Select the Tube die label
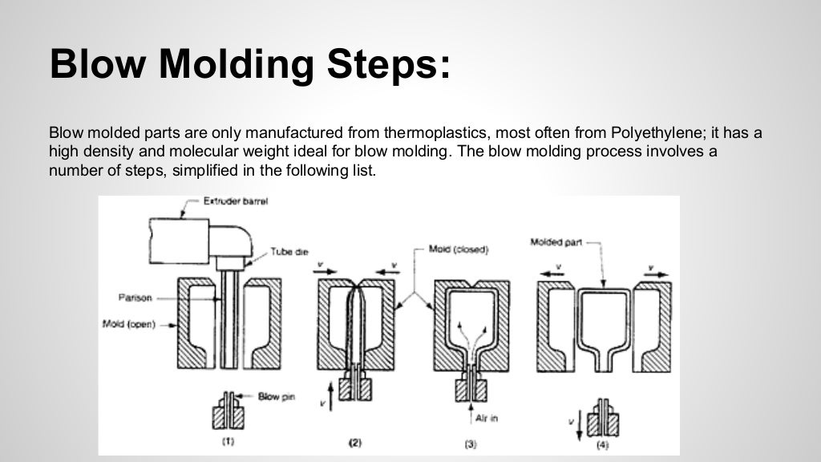289,251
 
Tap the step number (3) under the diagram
471,443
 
